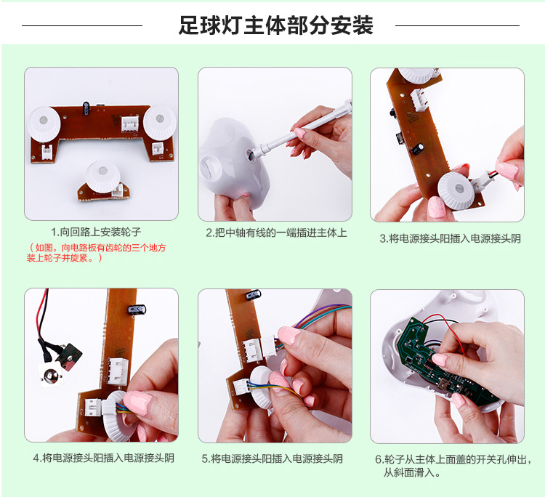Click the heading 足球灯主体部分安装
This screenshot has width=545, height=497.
[275, 25]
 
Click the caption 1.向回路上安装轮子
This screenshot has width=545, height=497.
[96, 232]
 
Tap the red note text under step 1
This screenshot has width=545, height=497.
[96, 253]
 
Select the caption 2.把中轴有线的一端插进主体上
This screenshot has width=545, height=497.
[276, 233]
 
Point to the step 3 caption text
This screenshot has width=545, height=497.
[450, 238]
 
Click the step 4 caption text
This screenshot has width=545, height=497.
[104, 458]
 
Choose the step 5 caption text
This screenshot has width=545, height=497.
[272, 458]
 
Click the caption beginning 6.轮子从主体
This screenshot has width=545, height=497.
[453, 466]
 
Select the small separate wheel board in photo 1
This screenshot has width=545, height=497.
[103, 182]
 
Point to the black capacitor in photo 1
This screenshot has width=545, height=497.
[86, 108]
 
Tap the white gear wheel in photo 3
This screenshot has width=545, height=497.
[456, 191]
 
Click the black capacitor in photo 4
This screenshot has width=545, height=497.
[137, 310]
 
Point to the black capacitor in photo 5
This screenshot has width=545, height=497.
[254, 296]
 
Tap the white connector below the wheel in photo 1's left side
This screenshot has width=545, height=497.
[47, 152]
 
